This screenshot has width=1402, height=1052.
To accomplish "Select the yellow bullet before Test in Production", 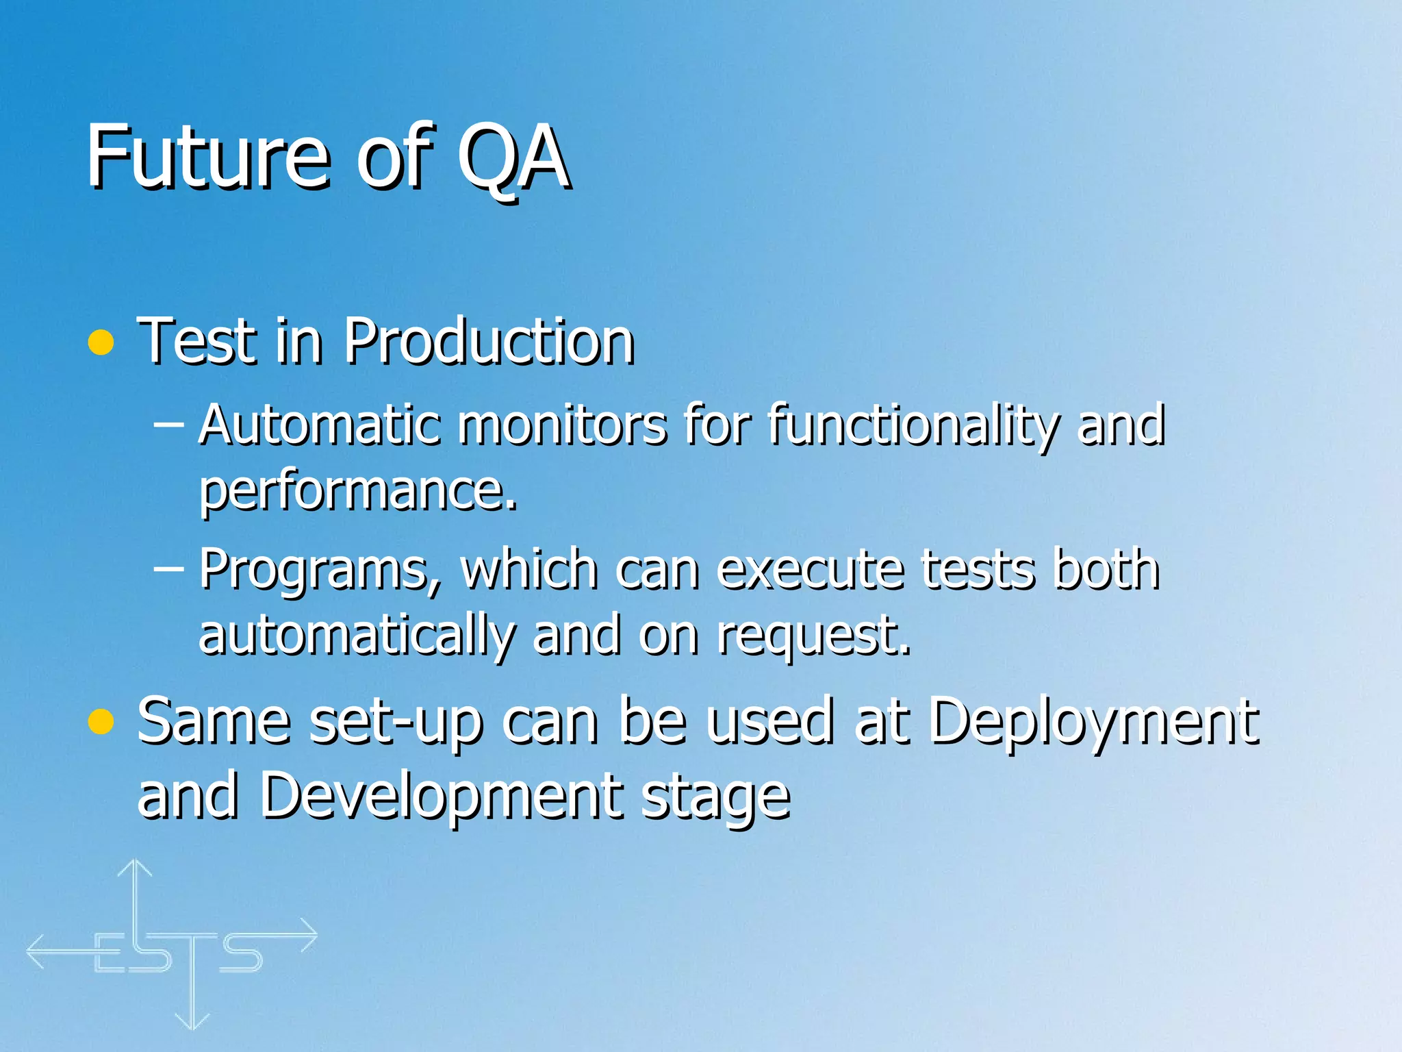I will point(101,342).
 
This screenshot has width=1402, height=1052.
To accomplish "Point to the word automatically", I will point(356,636).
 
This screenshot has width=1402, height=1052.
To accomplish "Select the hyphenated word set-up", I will point(396,722).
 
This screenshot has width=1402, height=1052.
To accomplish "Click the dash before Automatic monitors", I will point(168,425).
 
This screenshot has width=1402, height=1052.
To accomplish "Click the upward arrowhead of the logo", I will point(135,867).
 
